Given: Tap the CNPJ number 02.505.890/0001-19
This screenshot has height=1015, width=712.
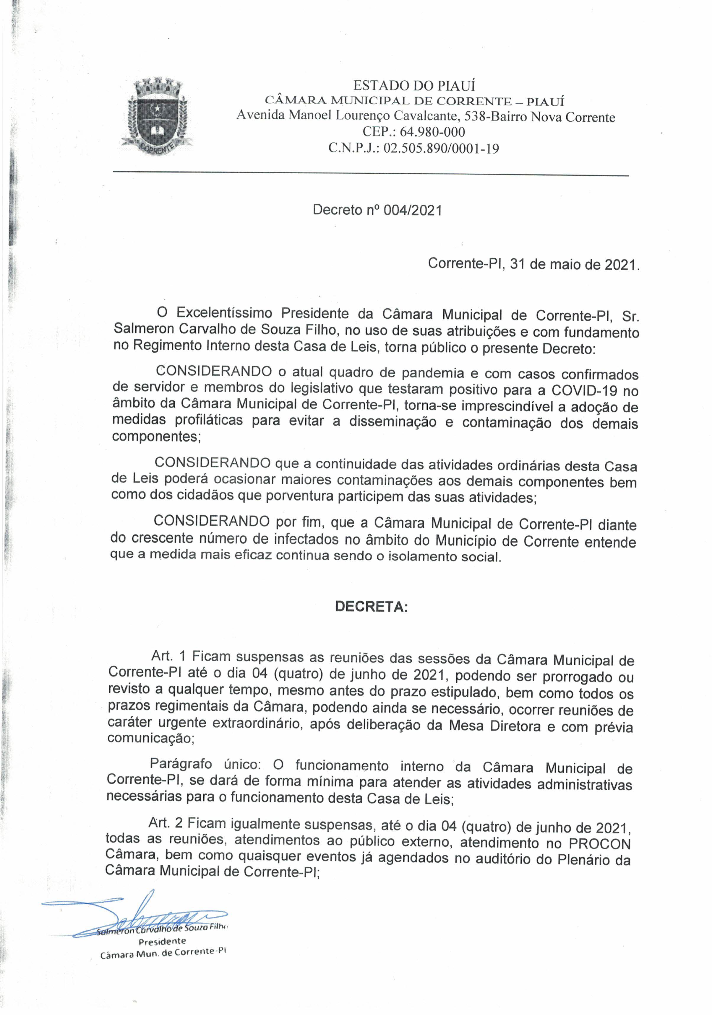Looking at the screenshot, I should coord(441,149).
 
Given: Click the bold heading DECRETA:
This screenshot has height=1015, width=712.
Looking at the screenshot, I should coord(371,607).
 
